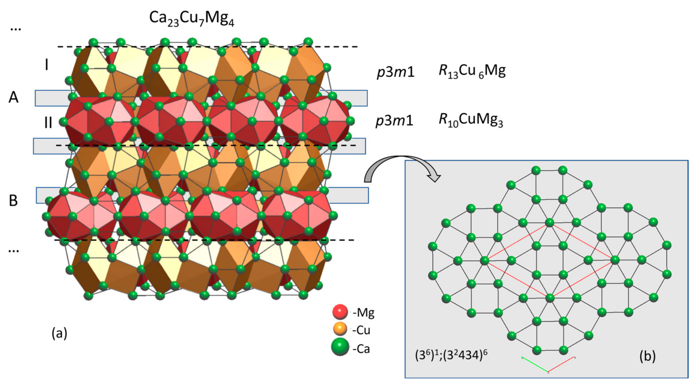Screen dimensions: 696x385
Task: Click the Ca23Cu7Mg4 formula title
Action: click(x=192, y=19)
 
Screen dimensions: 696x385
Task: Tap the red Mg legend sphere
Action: click(x=340, y=312)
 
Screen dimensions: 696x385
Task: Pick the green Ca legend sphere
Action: click(x=340, y=347)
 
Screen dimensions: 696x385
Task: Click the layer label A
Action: click(x=14, y=97)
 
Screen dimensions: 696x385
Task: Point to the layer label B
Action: click(x=14, y=201)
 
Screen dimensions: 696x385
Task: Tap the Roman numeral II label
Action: click(x=48, y=123)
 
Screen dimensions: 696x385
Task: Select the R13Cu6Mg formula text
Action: click(x=472, y=71)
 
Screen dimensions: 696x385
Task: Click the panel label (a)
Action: click(x=59, y=333)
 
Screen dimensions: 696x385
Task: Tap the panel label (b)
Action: click(x=647, y=356)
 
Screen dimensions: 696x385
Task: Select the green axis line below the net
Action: click(x=535, y=365)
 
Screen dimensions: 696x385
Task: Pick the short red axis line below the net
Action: click(x=561, y=365)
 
